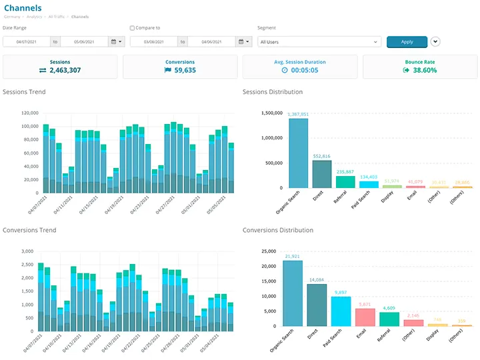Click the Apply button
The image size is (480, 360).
pyautogui.click(x=407, y=41)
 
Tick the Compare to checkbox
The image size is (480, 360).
pyautogui.click(x=132, y=28)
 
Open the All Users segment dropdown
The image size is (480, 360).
pyautogui.click(x=319, y=41)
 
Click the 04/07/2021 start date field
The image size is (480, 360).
pyautogui.click(x=26, y=41)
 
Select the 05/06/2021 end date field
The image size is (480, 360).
pyautogui.click(x=84, y=41)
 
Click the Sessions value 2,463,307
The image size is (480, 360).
pyautogui.click(x=65, y=70)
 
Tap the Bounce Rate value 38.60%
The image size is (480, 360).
pyautogui.click(x=425, y=70)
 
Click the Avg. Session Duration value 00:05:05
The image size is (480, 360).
pyautogui.click(x=304, y=70)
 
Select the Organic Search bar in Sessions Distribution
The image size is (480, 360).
pyautogui.click(x=298, y=153)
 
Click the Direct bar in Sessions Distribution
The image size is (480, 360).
pyautogui.click(x=321, y=174)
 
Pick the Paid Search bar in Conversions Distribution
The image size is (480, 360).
pyautogui.click(x=341, y=311)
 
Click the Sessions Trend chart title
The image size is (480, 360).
pyautogui.click(x=24, y=92)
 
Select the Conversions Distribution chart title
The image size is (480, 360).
pyautogui.click(x=277, y=230)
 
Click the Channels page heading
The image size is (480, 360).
pyautogui.click(x=22, y=8)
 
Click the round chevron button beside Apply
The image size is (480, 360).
pyautogui.click(x=435, y=41)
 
